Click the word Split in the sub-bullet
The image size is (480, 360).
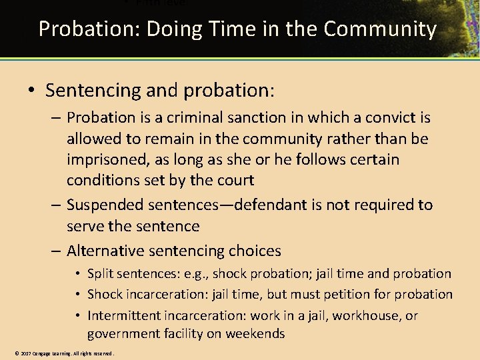100,274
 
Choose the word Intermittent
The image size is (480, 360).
124,315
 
